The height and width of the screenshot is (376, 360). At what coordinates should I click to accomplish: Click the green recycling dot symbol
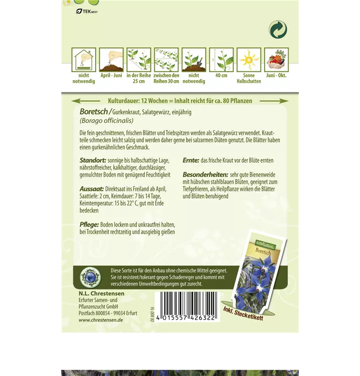click(277, 30)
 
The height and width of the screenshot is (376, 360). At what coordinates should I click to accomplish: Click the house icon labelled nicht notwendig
click(84, 60)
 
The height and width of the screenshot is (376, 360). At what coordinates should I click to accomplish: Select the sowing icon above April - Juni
click(111, 60)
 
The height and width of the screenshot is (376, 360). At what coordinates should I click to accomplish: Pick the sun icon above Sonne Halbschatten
click(249, 60)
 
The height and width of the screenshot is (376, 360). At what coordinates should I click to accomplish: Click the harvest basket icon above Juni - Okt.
click(276, 60)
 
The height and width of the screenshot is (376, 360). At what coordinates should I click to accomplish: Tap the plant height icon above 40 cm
click(221, 60)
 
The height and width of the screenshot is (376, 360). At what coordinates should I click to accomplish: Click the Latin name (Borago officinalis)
click(107, 120)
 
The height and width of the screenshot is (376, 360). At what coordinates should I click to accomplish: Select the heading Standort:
click(94, 159)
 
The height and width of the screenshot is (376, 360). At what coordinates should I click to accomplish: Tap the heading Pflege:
click(90, 225)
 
